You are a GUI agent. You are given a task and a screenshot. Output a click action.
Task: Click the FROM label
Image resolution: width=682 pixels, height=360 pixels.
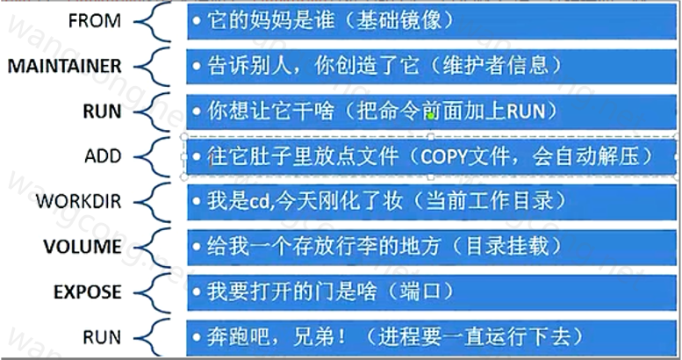[95, 21]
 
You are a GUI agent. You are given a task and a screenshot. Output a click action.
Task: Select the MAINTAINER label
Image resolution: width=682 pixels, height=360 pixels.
[65, 66]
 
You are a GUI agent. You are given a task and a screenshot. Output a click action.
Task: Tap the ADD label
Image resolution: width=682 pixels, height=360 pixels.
[103, 156]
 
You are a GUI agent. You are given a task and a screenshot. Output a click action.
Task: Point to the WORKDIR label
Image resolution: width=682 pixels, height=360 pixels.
[79, 202]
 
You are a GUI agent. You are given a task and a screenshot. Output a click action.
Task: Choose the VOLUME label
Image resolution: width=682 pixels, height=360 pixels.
[83, 247]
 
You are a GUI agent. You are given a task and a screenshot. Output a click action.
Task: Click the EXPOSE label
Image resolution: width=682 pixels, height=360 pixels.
[88, 292]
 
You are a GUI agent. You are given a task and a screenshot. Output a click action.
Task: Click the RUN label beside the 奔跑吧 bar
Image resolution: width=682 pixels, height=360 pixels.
[102, 337]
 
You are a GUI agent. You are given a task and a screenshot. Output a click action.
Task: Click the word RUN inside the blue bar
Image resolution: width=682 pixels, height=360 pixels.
[526, 112]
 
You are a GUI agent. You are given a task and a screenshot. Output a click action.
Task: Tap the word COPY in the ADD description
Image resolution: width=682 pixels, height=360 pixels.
[443, 156]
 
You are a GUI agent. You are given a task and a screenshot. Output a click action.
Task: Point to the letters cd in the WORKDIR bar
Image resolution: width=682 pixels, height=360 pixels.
[259, 202]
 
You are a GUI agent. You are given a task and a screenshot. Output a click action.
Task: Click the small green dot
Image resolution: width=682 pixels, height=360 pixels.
[431, 116]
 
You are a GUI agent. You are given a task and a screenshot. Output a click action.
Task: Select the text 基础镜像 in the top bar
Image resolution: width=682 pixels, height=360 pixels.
[398, 20]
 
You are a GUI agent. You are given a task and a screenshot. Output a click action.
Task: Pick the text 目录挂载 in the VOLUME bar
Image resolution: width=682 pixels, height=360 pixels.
[507, 247]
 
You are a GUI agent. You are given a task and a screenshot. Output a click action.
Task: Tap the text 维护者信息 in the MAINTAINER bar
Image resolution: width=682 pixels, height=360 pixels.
[495, 66]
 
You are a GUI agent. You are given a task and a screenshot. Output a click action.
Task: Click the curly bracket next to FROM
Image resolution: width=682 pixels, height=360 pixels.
[152, 21]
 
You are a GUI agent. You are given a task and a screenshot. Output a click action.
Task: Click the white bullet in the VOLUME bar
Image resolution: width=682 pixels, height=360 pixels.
[197, 247]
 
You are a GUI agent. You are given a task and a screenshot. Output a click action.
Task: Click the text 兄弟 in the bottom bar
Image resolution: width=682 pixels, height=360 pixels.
[314, 337]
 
